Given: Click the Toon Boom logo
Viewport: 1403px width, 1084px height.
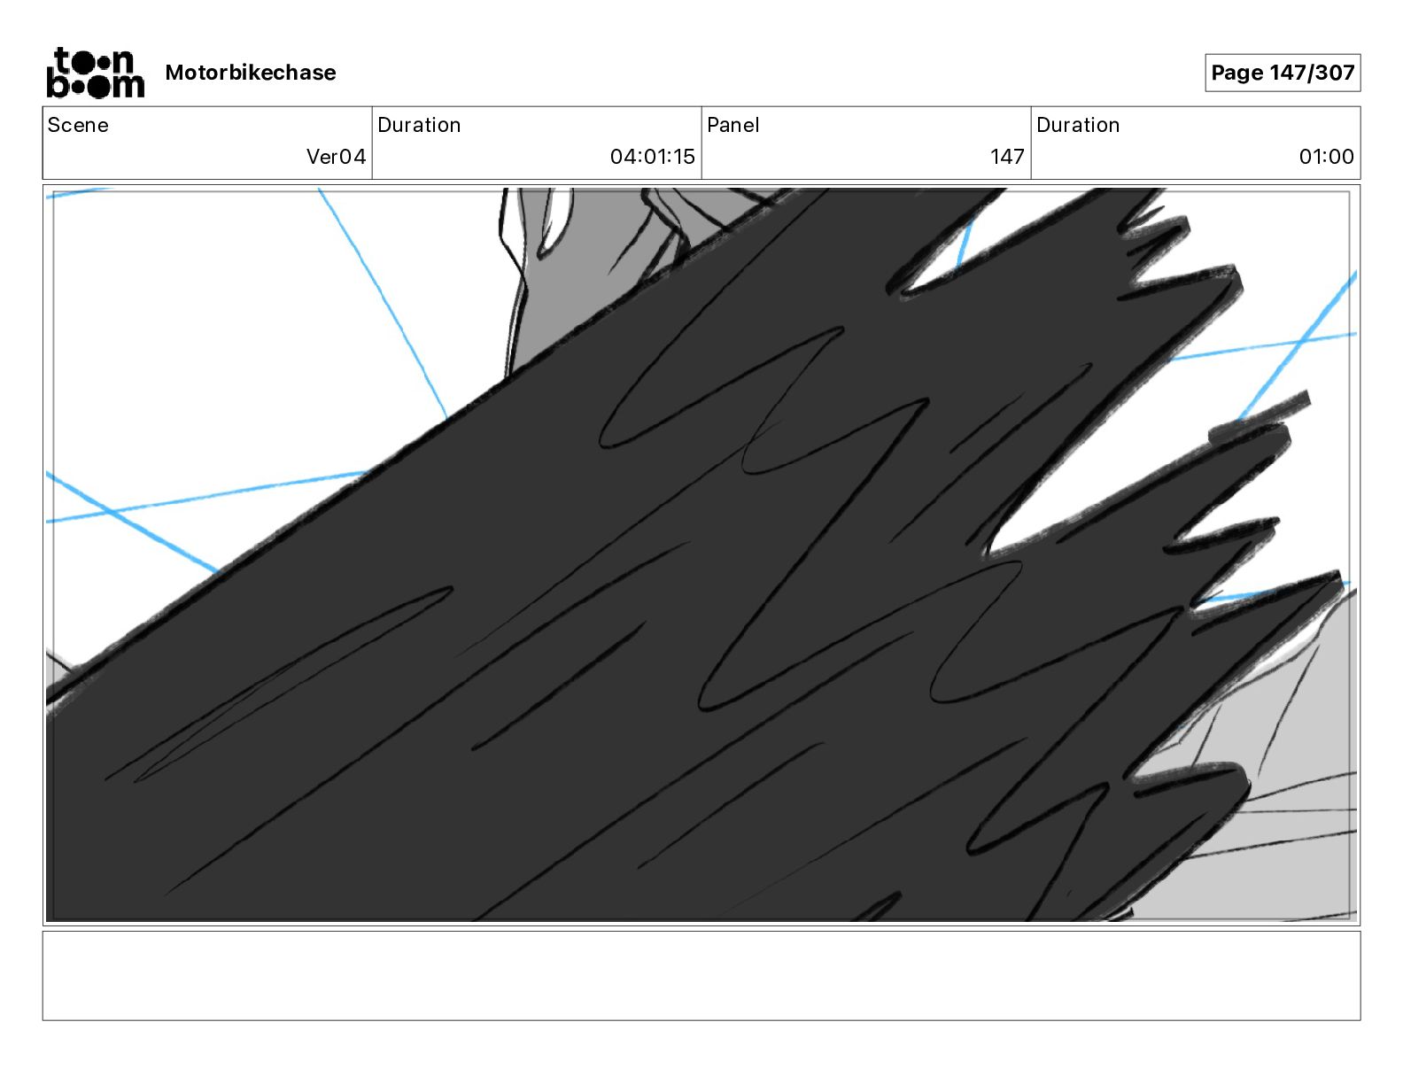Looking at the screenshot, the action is pyautogui.click(x=95, y=73).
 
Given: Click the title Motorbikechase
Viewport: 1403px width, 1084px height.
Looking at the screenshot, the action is pyautogui.click(x=251, y=73).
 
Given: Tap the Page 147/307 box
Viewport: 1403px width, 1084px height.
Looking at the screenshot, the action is pyautogui.click(x=1282, y=73).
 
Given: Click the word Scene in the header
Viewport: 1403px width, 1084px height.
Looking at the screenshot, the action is pyautogui.click(x=78, y=125).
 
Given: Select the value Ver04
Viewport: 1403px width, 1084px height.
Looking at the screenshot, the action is pyautogui.click(x=336, y=157).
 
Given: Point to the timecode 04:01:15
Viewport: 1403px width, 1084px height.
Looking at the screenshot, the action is pyautogui.click(x=652, y=157).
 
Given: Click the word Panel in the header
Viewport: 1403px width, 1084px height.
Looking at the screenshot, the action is pyautogui.click(x=733, y=125).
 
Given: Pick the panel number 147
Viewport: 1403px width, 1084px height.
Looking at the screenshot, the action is pyautogui.click(x=1007, y=157).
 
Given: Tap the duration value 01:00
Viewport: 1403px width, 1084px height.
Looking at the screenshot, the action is pyautogui.click(x=1326, y=157).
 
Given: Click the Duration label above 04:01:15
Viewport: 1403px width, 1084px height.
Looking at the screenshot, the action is pyautogui.click(x=419, y=125).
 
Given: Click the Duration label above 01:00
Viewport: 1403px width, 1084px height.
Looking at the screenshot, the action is pyautogui.click(x=1078, y=125).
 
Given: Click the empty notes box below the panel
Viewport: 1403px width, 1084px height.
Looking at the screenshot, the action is pyautogui.click(x=701, y=975).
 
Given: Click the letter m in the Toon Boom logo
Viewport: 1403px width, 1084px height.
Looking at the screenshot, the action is pyautogui.click(x=129, y=86).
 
